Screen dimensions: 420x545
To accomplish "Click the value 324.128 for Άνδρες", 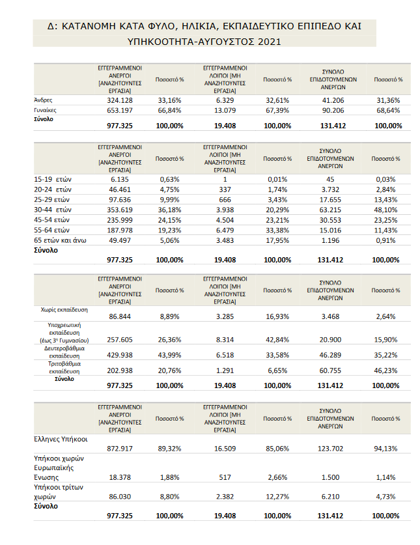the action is point(120,100).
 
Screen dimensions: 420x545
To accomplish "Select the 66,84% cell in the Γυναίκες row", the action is point(170,111).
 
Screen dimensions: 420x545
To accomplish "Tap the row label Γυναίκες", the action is point(45,110).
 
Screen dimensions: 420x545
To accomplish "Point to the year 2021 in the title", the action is point(269,42).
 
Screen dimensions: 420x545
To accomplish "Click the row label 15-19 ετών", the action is point(53,179).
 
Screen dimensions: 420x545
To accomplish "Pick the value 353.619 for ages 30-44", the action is point(120,210).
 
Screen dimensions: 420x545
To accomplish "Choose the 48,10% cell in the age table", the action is point(385,210).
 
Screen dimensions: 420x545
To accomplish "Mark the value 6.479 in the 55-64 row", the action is point(225,230).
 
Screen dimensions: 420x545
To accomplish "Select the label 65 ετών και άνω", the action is point(60,240).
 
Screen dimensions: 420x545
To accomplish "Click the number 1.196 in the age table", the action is point(330,240).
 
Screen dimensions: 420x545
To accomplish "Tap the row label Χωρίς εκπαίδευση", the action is point(64,310).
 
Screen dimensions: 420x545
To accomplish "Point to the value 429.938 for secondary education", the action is point(120,355).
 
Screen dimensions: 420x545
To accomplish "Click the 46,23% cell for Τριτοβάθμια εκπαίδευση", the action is point(385,370).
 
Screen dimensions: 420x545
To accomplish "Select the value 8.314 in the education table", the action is point(225,340).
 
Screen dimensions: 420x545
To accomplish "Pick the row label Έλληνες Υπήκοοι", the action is point(61,440).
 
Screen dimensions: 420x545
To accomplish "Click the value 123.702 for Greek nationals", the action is point(330,449).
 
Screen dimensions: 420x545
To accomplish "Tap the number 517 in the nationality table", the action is point(225,477).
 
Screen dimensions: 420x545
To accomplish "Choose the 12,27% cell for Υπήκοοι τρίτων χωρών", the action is point(277,497).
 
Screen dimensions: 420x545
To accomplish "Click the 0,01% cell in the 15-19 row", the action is point(277,179).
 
